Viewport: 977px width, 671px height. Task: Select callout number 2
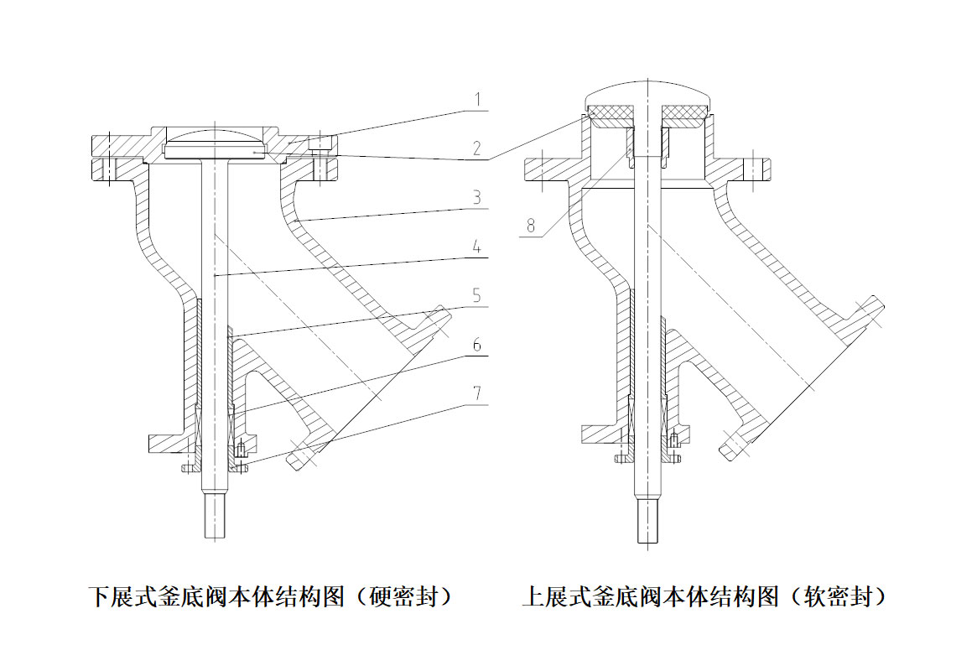pos(476,149)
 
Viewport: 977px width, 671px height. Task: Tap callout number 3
pos(476,199)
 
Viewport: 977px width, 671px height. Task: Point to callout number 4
pos(476,248)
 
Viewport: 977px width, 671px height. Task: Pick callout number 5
pos(476,296)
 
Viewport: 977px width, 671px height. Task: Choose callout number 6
pos(476,345)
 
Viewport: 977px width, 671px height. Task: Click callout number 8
pos(527,226)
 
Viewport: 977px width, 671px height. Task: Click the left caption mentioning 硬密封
pos(273,597)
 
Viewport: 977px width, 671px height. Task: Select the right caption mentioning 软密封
pos(705,597)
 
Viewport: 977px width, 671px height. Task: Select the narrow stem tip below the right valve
pos(647,521)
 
